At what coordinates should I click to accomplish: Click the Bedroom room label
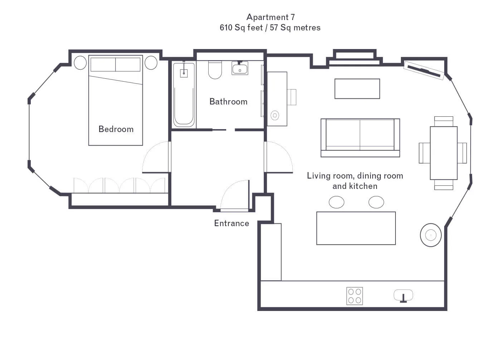116,129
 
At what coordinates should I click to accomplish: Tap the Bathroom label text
228,102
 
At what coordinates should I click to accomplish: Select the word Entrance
232,223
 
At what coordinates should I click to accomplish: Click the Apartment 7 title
271,17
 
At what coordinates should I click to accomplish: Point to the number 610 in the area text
226,28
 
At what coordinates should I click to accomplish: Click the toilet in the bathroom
215,70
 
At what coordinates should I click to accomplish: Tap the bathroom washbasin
240,68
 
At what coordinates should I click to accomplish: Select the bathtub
184,95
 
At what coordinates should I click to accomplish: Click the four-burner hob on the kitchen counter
354,296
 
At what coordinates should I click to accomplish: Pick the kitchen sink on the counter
403,296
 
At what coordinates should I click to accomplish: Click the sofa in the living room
360,138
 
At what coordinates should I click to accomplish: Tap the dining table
444,153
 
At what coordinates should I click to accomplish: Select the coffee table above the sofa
357,89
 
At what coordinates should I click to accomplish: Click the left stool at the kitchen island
336,202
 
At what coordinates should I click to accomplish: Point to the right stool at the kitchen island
376,202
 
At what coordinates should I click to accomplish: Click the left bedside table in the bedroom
80,63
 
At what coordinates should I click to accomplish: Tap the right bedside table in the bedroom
151,63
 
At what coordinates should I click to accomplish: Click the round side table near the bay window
431,235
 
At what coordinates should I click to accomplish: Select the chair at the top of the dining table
444,121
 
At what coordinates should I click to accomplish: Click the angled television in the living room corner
424,70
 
